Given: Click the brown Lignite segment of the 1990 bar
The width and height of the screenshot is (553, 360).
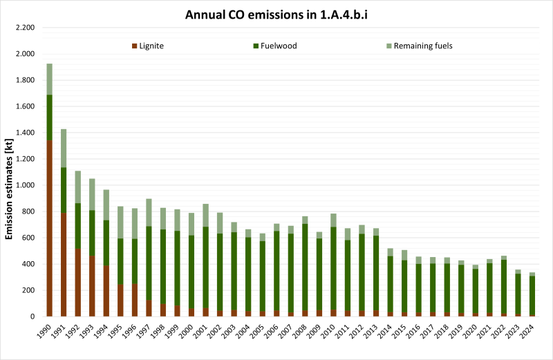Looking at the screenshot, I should [x=50, y=228].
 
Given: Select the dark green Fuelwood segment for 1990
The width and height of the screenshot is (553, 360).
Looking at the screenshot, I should [x=50, y=117].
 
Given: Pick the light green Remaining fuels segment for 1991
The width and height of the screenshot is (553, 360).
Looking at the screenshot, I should [x=64, y=148].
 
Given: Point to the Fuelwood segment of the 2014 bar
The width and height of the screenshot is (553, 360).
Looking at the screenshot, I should [x=391, y=284].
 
